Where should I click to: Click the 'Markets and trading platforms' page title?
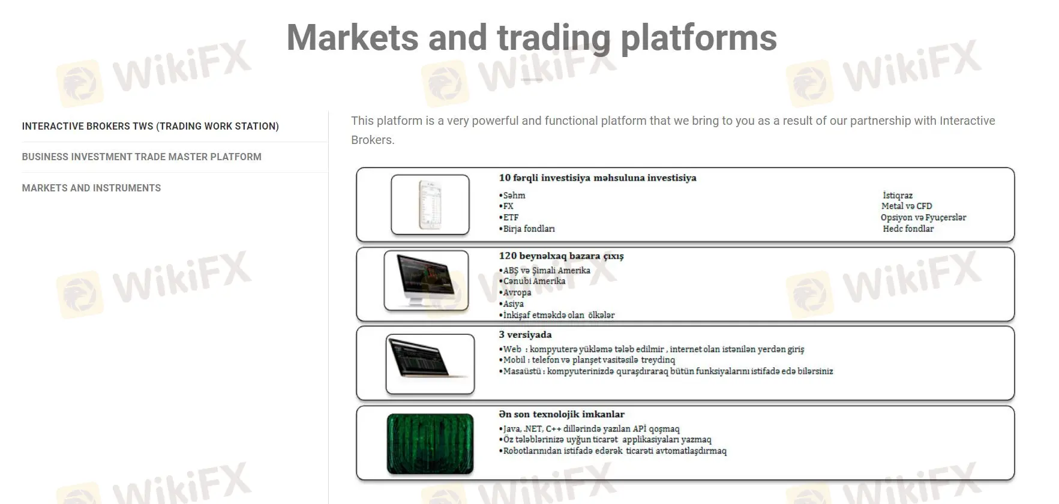(x=532, y=38)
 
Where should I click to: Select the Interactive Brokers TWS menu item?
(x=150, y=126)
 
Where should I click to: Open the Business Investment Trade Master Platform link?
(x=142, y=157)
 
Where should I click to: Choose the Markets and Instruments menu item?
(x=91, y=188)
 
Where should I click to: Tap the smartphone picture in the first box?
(x=430, y=204)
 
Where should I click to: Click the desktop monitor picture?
(x=426, y=280)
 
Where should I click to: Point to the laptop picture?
(x=430, y=363)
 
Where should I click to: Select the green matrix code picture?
(x=430, y=443)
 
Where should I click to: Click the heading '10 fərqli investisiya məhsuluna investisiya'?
(x=598, y=178)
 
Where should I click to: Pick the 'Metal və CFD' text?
(x=907, y=206)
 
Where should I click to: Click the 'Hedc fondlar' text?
(x=908, y=229)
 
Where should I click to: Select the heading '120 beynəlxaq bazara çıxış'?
(x=561, y=256)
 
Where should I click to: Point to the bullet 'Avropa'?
(x=517, y=292)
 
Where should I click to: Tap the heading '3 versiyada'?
(x=525, y=334)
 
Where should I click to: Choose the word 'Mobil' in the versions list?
(x=514, y=360)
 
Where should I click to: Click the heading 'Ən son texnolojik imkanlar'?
(x=562, y=414)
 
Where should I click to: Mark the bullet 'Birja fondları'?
(x=529, y=229)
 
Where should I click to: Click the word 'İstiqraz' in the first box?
(x=898, y=195)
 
